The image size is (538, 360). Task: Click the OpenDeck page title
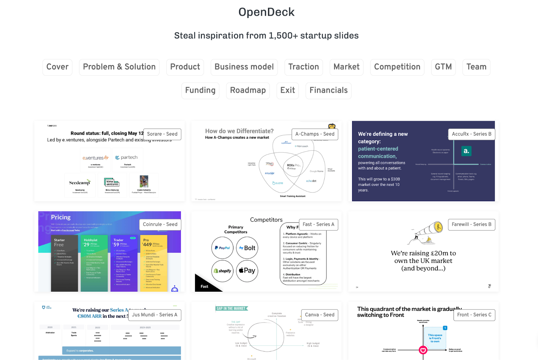(266, 12)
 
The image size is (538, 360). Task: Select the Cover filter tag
(57, 67)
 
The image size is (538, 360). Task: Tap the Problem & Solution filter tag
(119, 67)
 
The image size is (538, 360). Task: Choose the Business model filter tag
(244, 67)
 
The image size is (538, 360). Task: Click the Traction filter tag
(304, 67)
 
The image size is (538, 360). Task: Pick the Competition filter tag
(397, 67)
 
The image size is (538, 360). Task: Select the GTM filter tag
(443, 67)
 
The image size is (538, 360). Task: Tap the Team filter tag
(476, 67)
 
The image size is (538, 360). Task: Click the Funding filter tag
(200, 91)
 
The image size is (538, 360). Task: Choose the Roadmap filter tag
(248, 91)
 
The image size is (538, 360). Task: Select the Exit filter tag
(287, 91)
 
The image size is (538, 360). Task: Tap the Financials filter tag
(329, 91)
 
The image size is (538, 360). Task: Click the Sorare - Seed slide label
(162, 134)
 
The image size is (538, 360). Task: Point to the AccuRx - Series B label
(471, 134)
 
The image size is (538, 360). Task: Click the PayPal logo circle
(222, 248)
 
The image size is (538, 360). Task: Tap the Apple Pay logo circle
(247, 271)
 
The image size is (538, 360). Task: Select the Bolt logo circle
(247, 248)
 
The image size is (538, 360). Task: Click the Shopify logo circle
(222, 271)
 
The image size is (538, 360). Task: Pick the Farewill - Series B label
(471, 224)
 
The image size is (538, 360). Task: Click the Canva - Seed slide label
(319, 315)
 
